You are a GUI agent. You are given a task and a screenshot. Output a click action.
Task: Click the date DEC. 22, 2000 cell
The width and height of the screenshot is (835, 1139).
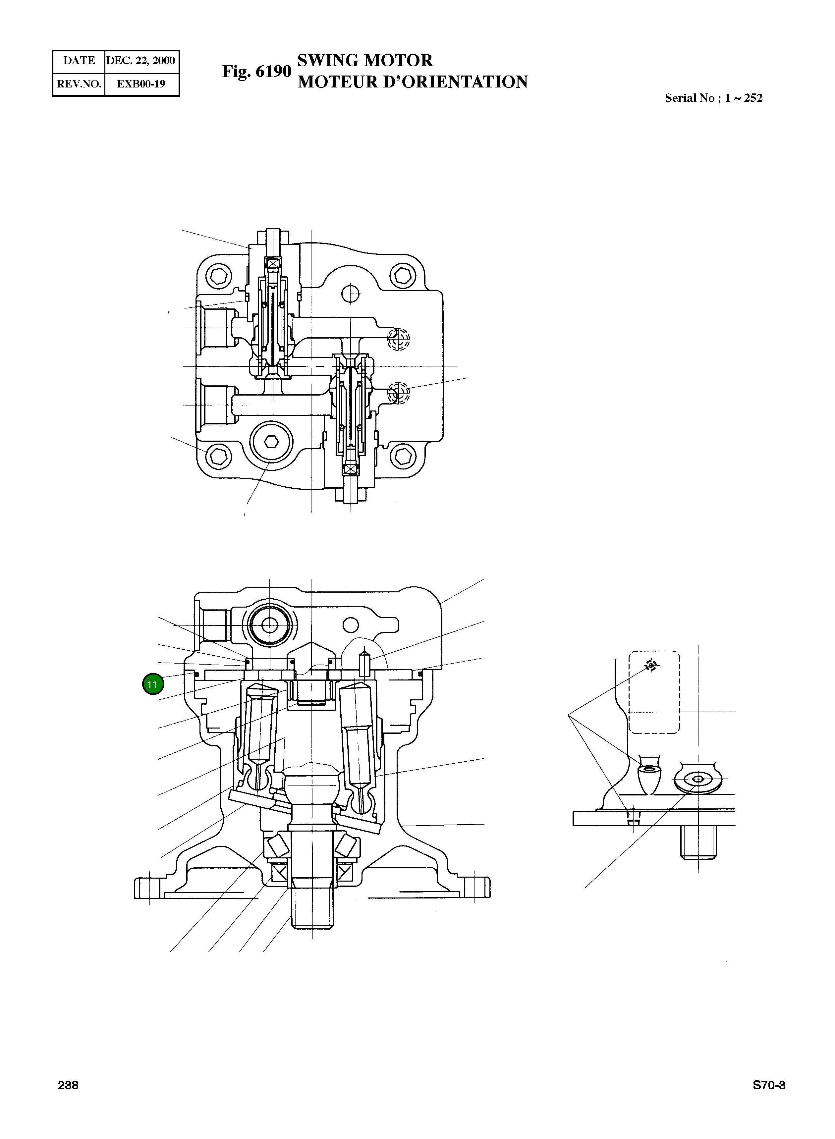[141, 61]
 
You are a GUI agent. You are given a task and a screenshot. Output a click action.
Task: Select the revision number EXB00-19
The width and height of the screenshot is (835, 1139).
[141, 84]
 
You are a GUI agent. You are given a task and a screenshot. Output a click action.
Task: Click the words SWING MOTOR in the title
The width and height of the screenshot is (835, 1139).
[364, 60]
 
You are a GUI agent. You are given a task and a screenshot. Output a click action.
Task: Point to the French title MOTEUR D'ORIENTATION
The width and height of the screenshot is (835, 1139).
[413, 82]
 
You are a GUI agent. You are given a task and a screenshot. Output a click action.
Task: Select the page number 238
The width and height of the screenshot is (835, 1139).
[68, 1085]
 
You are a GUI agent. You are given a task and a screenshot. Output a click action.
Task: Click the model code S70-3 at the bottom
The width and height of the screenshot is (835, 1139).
[769, 1085]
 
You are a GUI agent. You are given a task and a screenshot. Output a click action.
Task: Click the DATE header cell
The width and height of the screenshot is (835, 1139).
[79, 61]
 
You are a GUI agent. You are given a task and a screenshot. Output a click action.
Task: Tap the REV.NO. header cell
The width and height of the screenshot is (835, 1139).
[79, 84]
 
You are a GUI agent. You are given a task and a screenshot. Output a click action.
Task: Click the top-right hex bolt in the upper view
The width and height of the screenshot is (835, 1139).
[404, 276]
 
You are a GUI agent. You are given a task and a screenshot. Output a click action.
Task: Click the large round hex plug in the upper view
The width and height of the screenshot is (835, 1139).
[271, 442]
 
